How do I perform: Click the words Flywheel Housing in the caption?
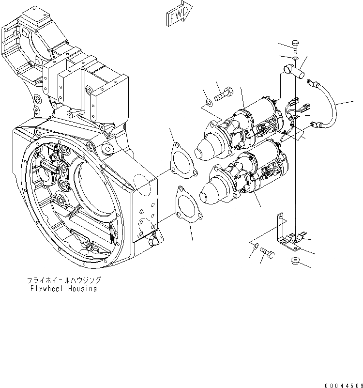click(x=62, y=289)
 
